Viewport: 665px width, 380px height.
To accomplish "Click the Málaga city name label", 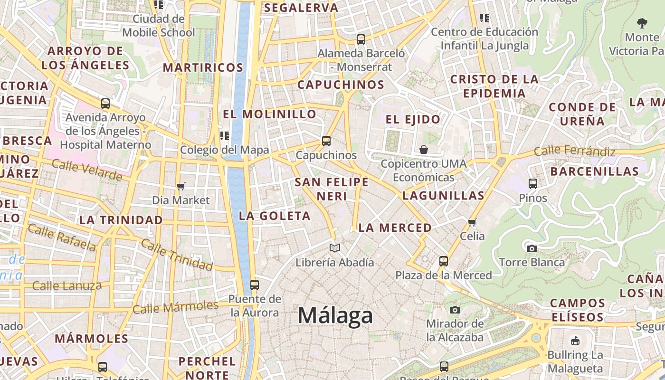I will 335,316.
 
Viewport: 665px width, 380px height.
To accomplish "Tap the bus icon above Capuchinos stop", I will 326,141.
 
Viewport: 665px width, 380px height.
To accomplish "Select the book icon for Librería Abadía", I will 335,248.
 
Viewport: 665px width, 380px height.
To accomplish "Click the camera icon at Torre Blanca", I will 532,248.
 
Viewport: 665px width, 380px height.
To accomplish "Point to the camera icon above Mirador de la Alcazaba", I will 455,310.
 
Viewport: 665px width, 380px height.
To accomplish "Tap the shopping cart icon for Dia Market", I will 180,186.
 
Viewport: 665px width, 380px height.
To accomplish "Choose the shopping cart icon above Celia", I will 472,222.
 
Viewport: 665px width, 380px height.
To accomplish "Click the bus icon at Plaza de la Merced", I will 443,261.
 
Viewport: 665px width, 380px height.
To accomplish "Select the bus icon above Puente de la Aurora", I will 255,285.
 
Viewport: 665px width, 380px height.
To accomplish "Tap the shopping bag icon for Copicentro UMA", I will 424,150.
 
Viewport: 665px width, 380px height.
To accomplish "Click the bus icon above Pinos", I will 533,184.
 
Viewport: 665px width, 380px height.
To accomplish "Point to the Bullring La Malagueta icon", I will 575,341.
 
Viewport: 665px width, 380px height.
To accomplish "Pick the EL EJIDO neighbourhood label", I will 413,119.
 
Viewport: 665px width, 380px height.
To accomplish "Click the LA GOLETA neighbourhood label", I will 275,216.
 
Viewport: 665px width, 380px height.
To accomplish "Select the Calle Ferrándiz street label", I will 575,152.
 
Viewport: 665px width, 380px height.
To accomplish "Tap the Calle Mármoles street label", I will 175,307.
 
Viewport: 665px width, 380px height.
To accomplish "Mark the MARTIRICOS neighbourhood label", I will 203,67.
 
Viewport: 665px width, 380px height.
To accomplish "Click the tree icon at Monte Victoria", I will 642,23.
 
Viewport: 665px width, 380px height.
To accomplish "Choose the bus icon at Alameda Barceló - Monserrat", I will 361,39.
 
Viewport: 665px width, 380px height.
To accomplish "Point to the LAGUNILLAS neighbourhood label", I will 443,196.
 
